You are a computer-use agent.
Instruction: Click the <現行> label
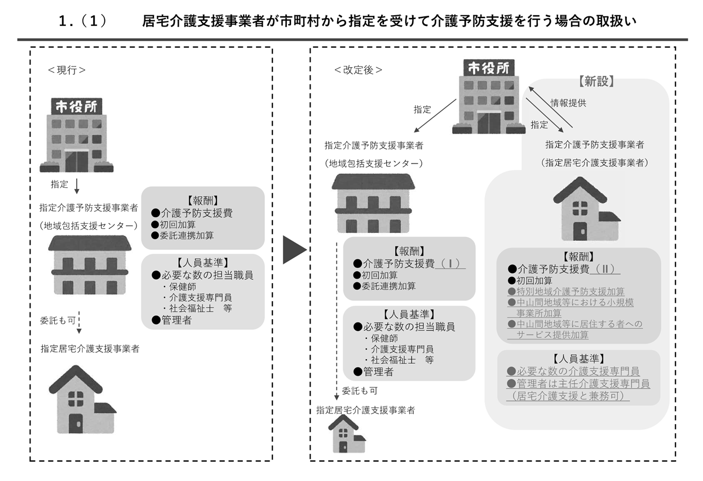pos(67,70)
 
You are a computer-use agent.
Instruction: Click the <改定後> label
pos(358,70)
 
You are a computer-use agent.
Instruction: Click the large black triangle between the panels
pos(294,248)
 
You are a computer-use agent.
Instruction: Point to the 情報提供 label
pos(568,103)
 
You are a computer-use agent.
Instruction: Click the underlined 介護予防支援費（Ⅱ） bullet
pos(564,269)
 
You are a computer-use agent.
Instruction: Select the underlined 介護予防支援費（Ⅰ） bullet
pos(409,263)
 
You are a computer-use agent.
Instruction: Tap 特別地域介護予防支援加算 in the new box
pos(567,291)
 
